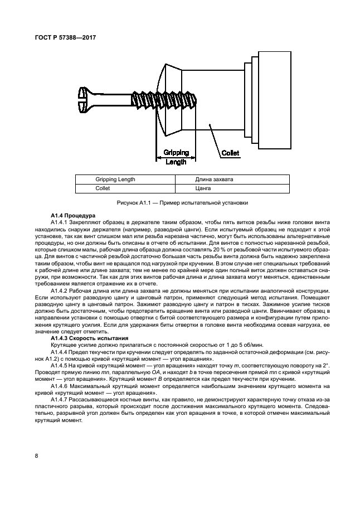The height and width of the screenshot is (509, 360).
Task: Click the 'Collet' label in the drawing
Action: tap(230, 152)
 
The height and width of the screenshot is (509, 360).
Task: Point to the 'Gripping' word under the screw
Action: tap(176, 152)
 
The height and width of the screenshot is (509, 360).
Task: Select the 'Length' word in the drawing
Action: tap(176, 161)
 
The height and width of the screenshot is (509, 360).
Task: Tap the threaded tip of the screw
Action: tap(196, 101)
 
